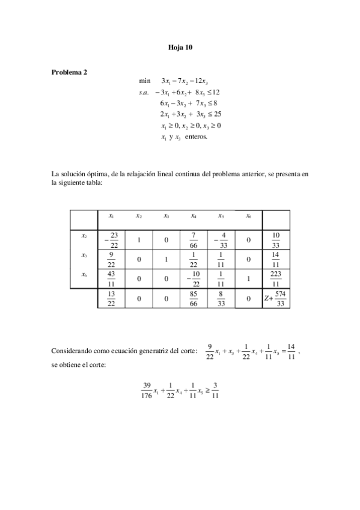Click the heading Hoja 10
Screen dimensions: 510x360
coord(180,46)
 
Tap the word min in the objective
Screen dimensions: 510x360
coord(144,81)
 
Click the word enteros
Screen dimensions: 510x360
coord(195,137)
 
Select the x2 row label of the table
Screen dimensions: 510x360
coord(84,236)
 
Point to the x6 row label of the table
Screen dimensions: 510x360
coord(84,274)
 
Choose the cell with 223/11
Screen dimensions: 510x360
coord(276,278)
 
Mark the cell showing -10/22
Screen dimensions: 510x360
coord(192,278)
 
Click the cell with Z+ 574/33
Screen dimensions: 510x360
coord(276,298)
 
